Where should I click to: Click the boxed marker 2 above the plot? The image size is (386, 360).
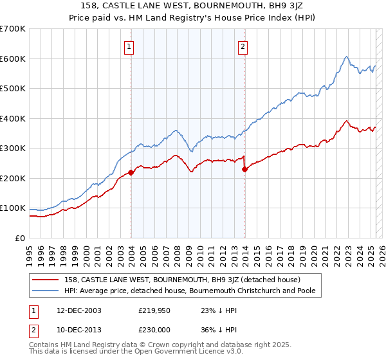coord(243,46)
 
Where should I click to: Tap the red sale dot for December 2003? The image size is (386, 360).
coord(131,172)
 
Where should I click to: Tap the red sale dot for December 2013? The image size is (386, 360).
coord(245,169)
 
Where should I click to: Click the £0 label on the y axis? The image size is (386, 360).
coord(19,238)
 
